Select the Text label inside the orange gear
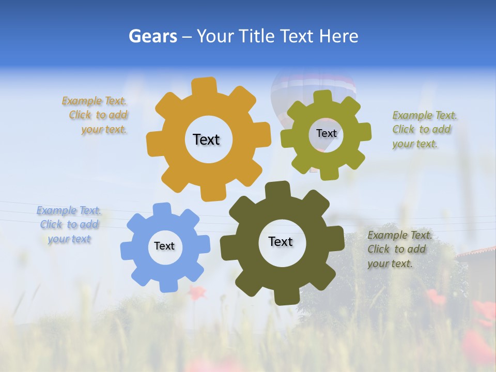[x=206, y=139]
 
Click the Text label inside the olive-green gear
[x=326, y=133]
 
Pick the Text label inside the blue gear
[x=164, y=246]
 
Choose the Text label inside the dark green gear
[x=281, y=241]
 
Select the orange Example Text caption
[x=95, y=115]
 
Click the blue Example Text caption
[x=69, y=225]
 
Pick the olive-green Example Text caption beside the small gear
[x=424, y=130]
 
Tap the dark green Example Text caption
[x=398, y=250]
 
